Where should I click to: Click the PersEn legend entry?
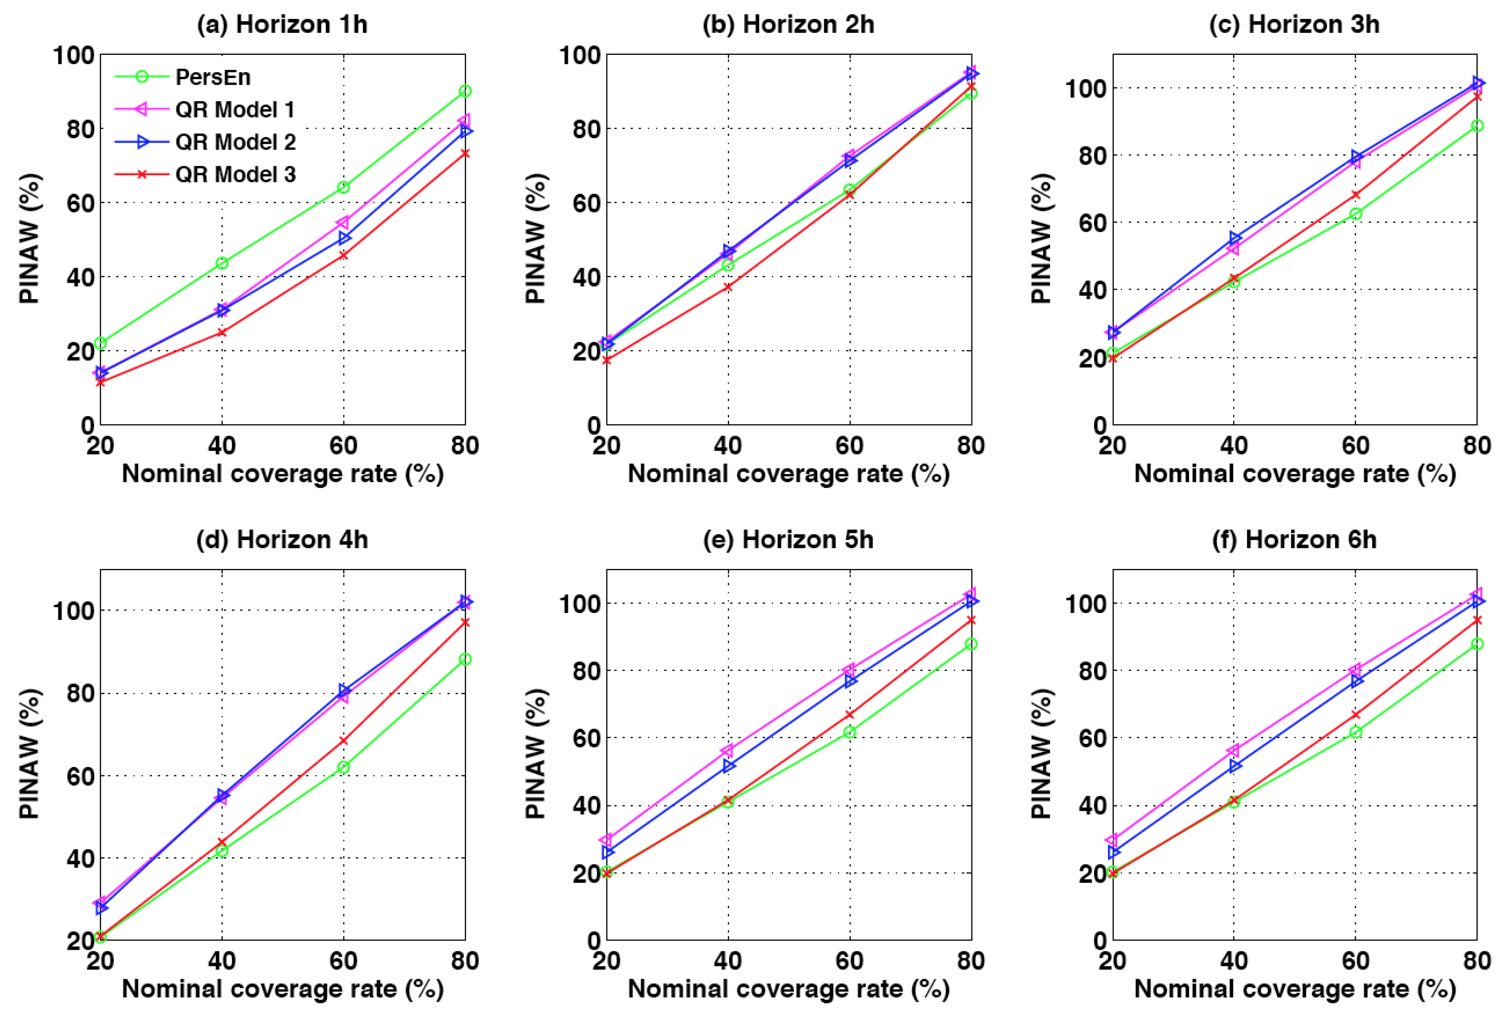click(212, 77)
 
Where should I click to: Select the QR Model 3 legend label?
click(235, 174)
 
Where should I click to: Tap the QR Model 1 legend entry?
click(235, 110)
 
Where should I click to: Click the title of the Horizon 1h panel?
click(282, 25)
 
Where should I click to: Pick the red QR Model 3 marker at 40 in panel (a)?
click(222, 332)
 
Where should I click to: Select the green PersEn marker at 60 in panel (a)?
click(343, 187)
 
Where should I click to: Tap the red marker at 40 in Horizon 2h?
click(728, 287)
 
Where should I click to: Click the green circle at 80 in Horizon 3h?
click(1477, 126)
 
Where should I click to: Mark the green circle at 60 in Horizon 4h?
click(343, 767)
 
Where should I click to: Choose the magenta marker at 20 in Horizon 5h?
click(606, 840)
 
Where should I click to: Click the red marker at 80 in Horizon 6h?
click(1477, 620)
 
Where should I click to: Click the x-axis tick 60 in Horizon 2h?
click(849, 445)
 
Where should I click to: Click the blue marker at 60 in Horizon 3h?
click(1356, 156)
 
